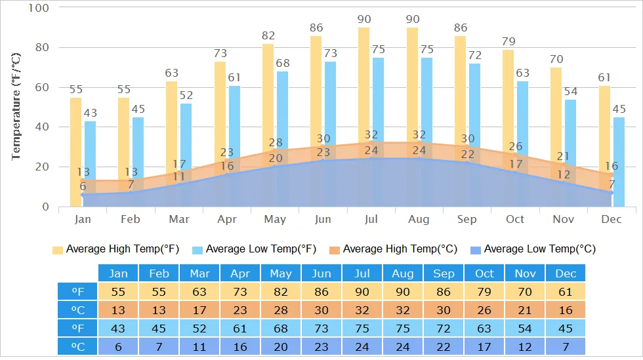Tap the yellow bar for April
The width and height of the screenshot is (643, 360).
220,105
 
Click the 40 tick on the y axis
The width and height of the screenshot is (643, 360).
41,127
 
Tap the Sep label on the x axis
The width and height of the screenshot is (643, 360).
467,219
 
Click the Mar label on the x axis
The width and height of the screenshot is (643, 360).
178,219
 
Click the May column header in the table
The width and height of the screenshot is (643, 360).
280,273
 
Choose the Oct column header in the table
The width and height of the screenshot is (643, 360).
484,273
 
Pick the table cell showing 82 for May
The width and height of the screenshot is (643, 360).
280,292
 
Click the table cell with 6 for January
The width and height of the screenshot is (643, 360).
118,346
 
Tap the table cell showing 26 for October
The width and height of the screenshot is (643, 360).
484,310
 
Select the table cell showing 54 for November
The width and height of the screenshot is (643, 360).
525,328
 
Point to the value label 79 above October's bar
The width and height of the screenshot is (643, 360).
508,42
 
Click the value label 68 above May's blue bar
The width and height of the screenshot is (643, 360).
282,64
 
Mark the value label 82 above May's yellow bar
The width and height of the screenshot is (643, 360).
268,35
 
